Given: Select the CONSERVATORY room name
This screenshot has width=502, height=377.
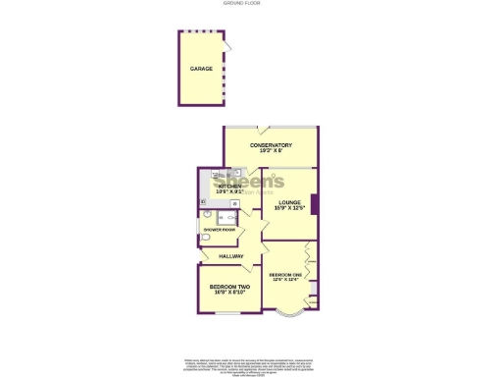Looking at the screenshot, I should click(x=271, y=145).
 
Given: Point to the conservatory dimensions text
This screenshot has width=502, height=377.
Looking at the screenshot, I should click(x=271, y=151).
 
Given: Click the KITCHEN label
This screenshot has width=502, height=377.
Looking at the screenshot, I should click(x=229, y=185).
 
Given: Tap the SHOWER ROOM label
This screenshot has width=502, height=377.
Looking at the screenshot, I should click(x=220, y=230).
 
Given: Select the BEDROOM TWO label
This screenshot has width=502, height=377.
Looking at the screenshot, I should click(x=227, y=286).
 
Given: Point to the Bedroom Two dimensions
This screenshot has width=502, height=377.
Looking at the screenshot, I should click(x=227, y=292).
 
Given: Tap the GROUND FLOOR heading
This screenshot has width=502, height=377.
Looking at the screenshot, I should click(x=251, y=5).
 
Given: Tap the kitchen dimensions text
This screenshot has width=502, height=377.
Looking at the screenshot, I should click(x=229, y=190).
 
